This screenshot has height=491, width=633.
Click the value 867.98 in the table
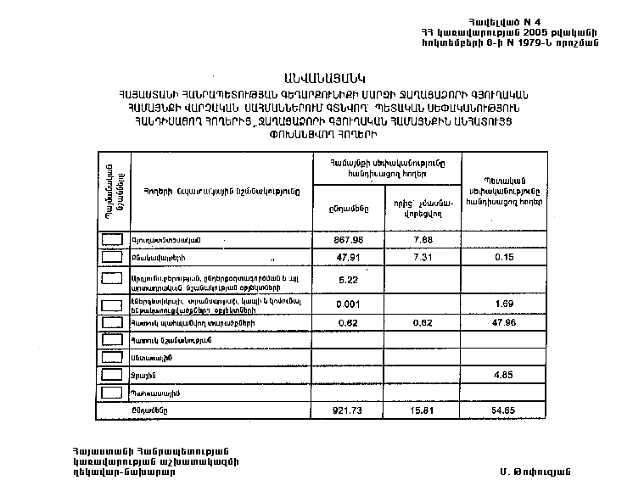(x=348, y=239)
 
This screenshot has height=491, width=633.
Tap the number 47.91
(x=348, y=257)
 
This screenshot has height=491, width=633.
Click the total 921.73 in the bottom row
(x=348, y=410)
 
